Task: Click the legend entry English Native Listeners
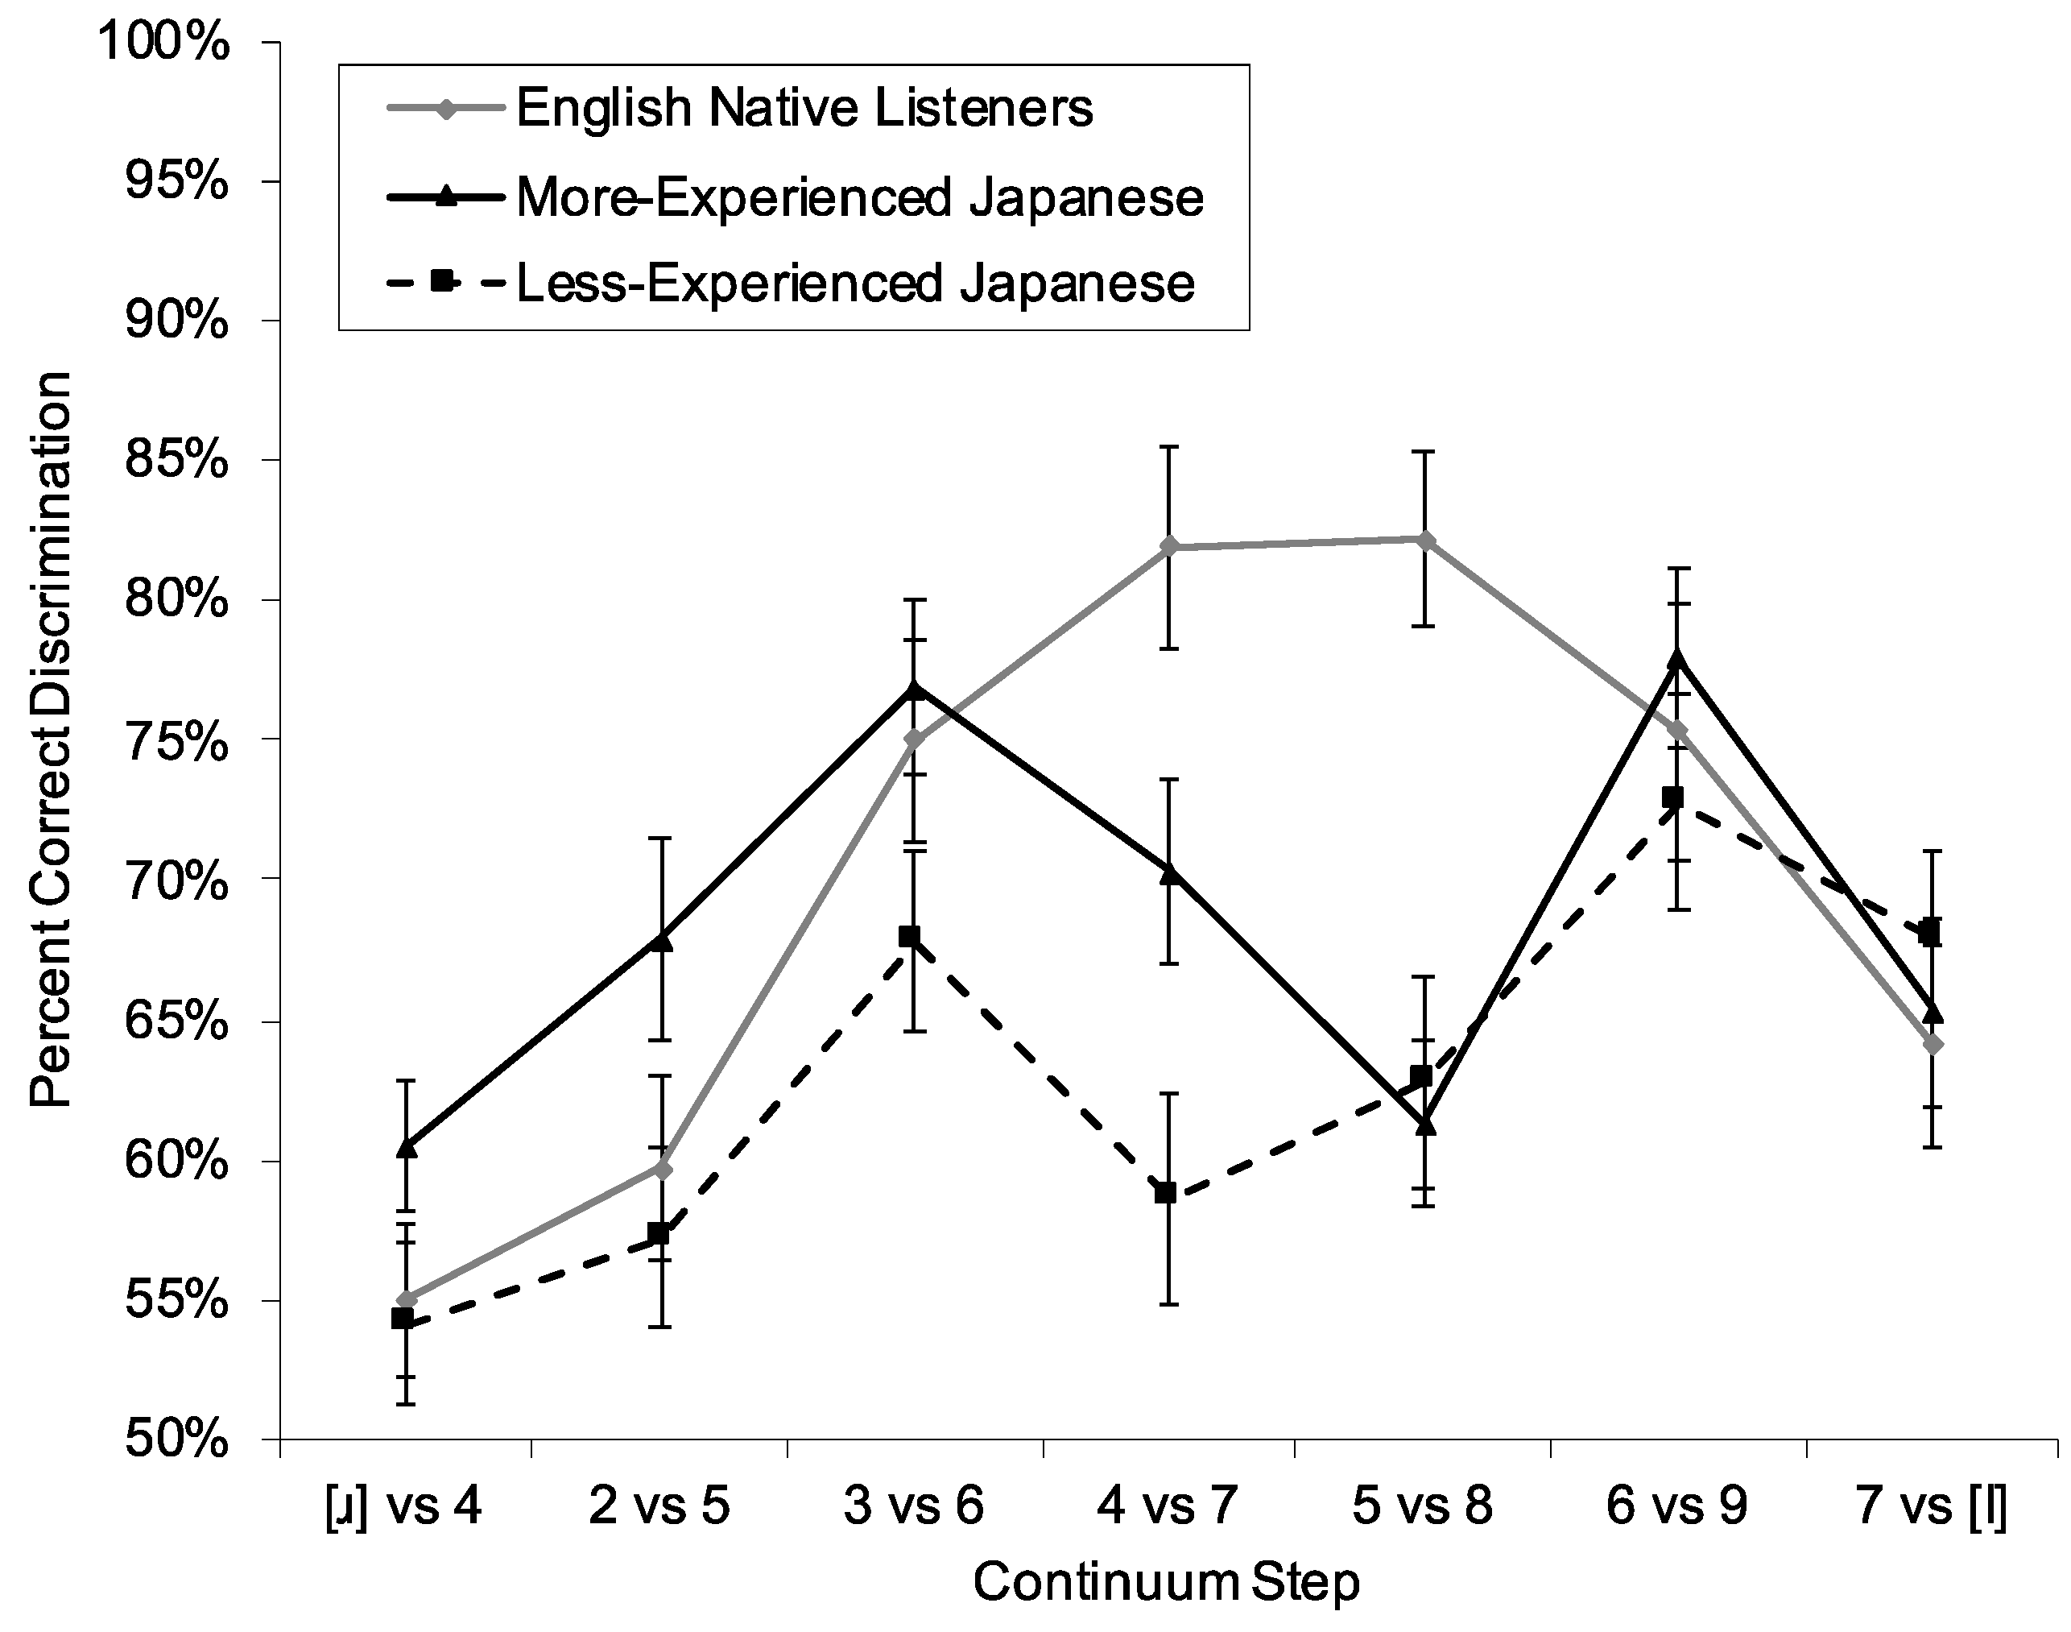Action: (x=804, y=108)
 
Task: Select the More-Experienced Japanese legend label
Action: (x=860, y=198)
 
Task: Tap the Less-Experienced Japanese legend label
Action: (x=855, y=284)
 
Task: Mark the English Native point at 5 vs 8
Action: (x=1424, y=540)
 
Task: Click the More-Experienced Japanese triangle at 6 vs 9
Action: (x=1676, y=659)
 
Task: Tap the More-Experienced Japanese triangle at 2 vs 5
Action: (x=660, y=940)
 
